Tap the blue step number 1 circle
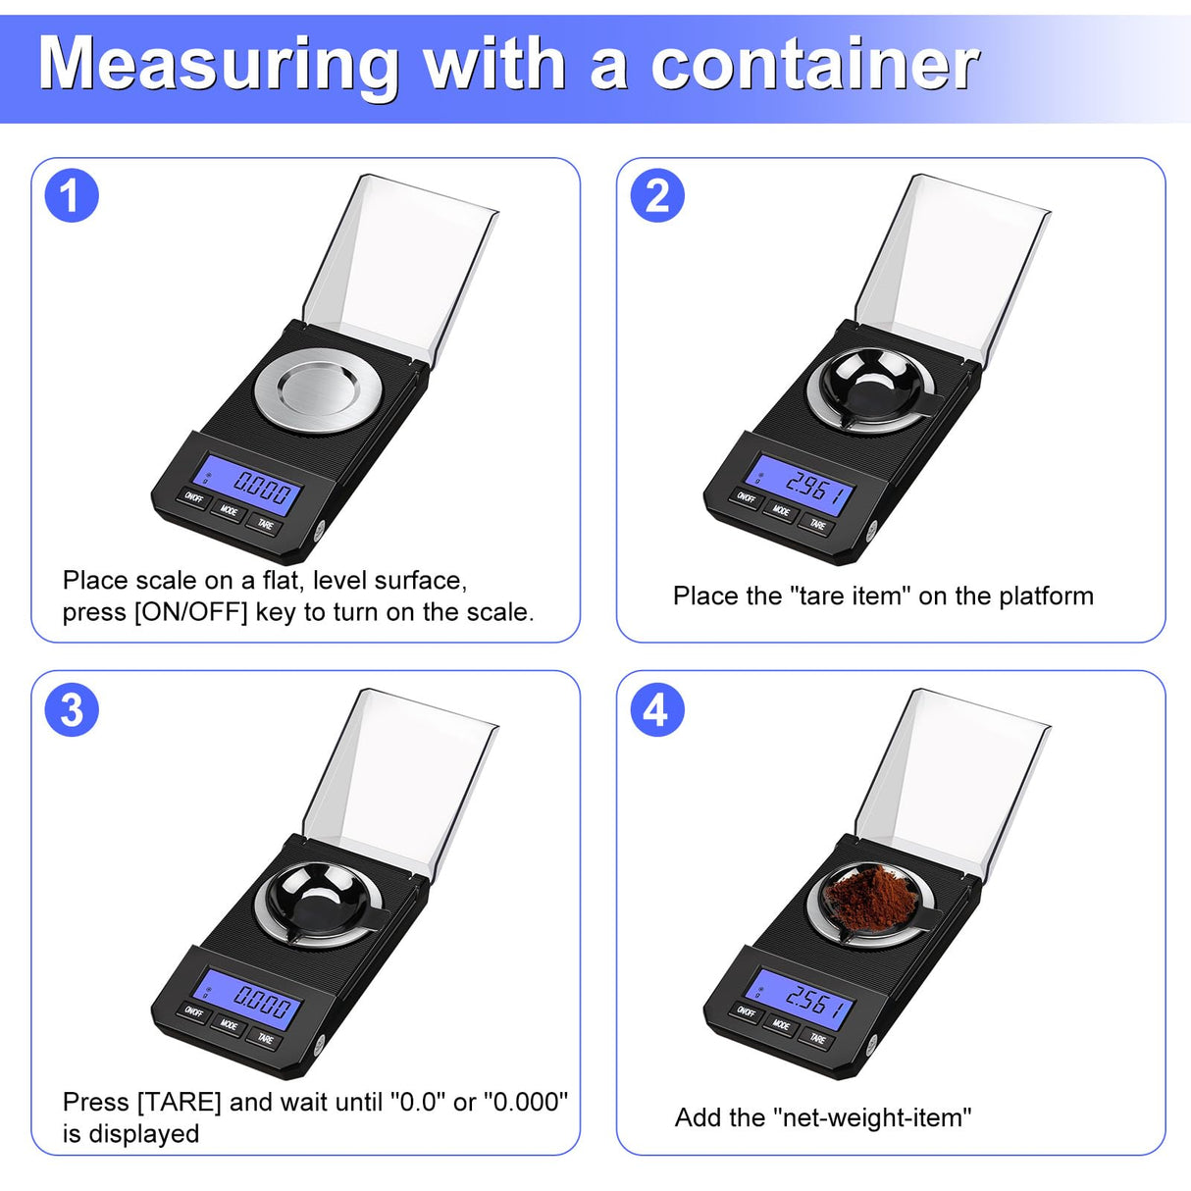[x=72, y=195]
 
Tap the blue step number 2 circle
[x=656, y=195]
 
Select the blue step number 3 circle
[x=72, y=710]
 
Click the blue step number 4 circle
[x=656, y=710]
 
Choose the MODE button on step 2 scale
[x=781, y=510]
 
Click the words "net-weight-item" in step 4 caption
[x=871, y=1117]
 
